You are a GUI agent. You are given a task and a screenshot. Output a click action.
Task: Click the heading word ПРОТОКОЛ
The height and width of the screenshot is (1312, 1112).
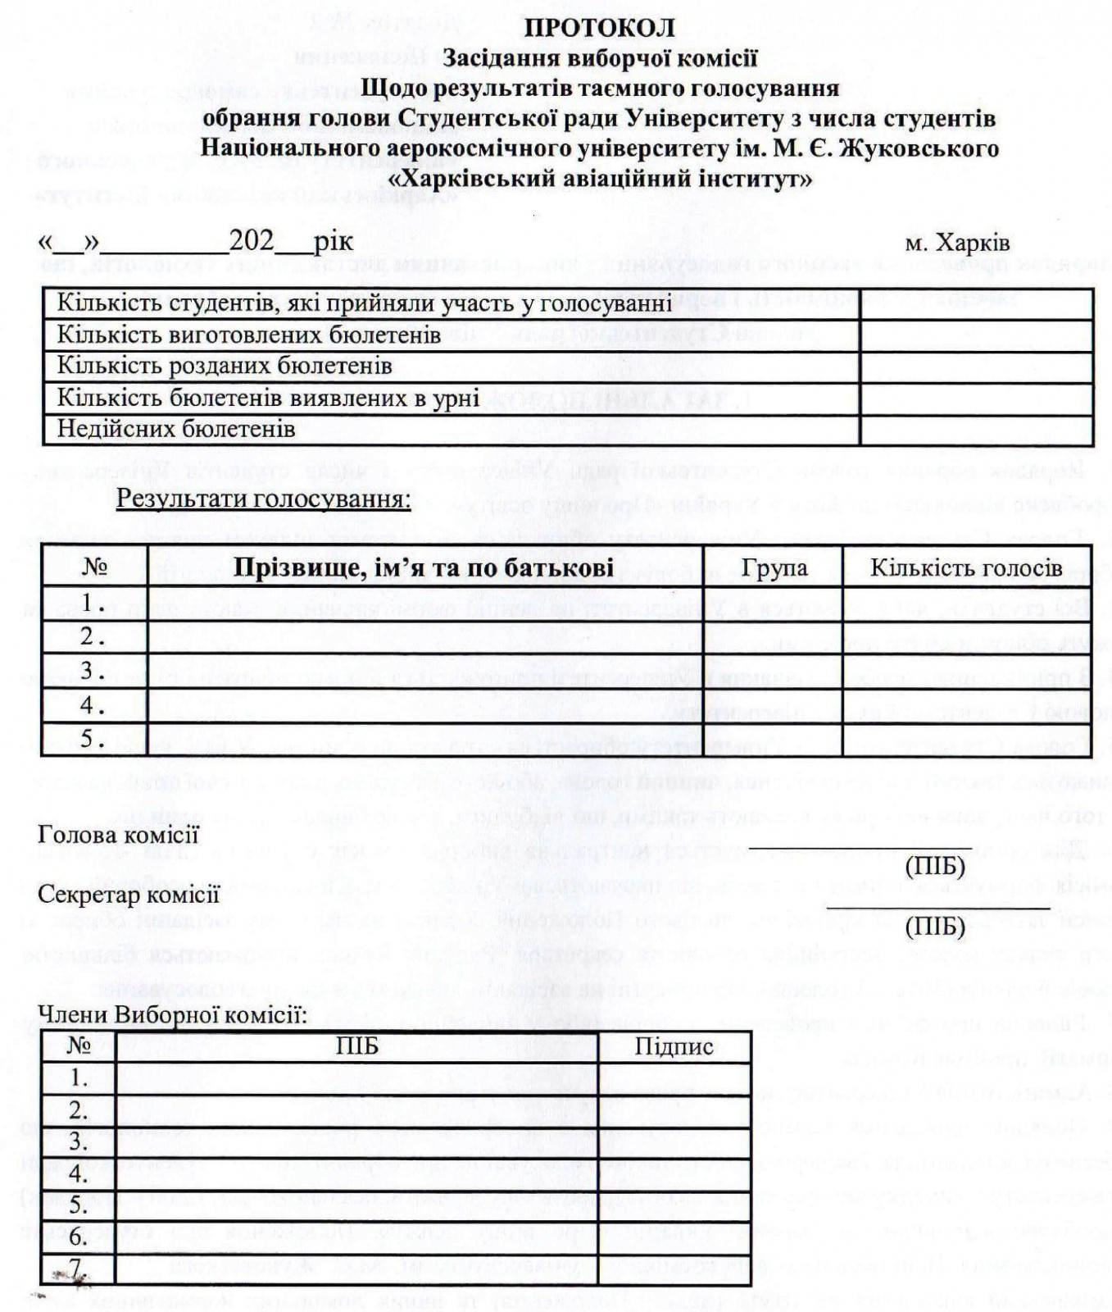[600, 28]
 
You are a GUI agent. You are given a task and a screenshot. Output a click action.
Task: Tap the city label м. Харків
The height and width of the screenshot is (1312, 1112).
[957, 244]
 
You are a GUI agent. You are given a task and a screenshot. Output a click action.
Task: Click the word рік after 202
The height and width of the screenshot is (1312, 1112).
[334, 242]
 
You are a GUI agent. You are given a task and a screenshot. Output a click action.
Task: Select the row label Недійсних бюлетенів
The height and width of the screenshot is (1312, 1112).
[176, 429]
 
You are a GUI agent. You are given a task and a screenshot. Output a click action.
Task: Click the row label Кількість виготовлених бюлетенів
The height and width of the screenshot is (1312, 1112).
[249, 335]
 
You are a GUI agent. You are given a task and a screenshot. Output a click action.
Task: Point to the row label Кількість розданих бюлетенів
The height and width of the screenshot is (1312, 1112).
[225, 366]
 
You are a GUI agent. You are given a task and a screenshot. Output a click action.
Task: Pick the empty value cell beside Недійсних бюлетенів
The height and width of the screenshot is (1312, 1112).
[976, 429]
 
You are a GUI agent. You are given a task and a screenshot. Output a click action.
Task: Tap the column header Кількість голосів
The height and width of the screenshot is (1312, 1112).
[966, 567]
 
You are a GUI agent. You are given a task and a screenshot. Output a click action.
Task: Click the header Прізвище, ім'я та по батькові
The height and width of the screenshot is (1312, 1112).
[424, 567]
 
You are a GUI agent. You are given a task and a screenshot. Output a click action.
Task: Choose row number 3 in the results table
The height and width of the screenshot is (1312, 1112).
[92, 671]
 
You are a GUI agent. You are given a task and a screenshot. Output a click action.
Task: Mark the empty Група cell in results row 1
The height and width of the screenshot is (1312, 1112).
[773, 604]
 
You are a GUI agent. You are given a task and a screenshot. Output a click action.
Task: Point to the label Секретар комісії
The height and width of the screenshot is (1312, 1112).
[129, 894]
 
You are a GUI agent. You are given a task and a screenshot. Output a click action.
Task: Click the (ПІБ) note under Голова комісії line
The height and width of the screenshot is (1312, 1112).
[935, 866]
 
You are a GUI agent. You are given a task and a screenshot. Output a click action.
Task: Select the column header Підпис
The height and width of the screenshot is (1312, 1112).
[674, 1046]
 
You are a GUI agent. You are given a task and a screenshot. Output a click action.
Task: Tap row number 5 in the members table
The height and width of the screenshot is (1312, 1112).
[79, 1205]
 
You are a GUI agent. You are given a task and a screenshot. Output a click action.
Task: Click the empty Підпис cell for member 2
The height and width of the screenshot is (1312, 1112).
[674, 1110]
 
